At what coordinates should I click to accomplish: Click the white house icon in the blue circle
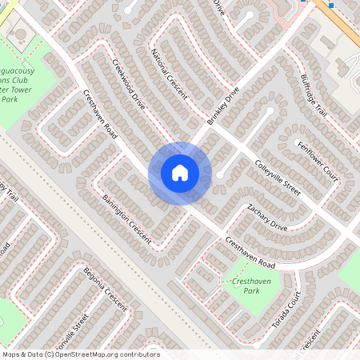180,172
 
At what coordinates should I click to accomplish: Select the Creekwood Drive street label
128,84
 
